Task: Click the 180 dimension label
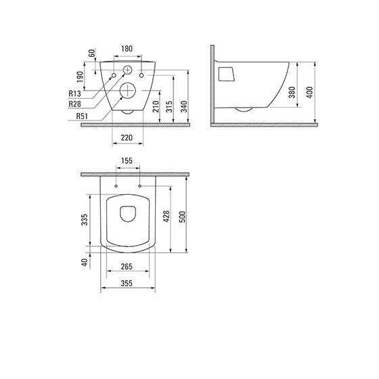pyautogui.click(x=127, y=49)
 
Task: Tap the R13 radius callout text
pyautogui.click(x=74, y=93)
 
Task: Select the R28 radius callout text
pyautogui.click(x=74, y=104)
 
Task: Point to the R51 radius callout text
pyautogui.click(x=82, y=116)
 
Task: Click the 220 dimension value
pyautogui.click(x=127, y=138)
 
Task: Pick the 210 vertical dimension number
pyautogui.click(x=156, y=107)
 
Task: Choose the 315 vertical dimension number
pyautogui.click(x=170, y=107)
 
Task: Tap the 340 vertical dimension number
pyautogui.click(x=184, y=107)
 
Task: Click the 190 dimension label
pyautogui.click(x=81, y=77)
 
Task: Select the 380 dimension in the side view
pyautogui.click(x=292, y=92)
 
